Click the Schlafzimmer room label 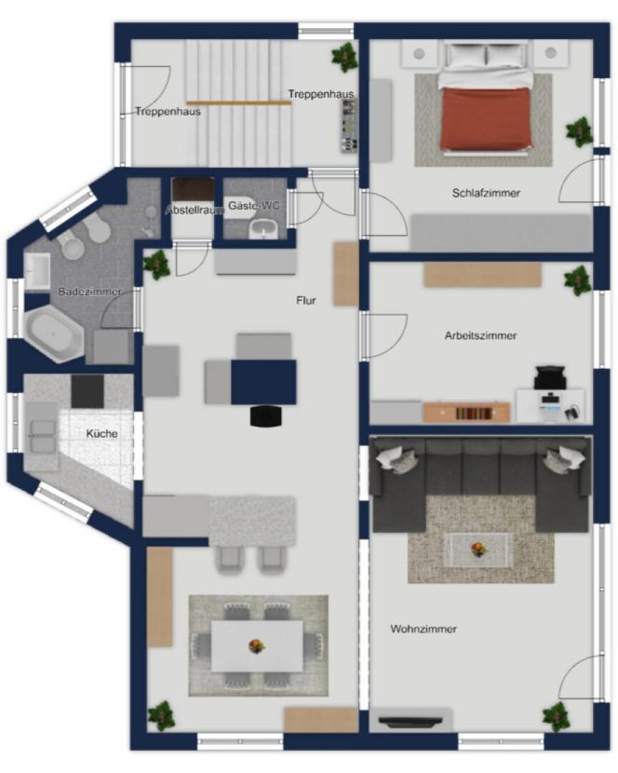coord(486,193)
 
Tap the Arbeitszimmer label coord(480,335)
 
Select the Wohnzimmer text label coord(423,629)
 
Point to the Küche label coord(102,434)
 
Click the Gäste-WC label coord(254,206)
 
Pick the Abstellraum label coord(195,210)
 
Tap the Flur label coord(306,300)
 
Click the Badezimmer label coord(89,292)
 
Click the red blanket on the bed coord(486,118)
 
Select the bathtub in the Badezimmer coord(54,333)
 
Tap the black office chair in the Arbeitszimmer coord(549,377)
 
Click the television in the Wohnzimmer coord(410,722)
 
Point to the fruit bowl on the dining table coord(256,645)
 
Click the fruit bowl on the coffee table coord(477,549)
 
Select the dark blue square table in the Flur coord(263,382)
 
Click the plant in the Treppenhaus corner coord(344,56)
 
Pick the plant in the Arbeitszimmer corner coord(578,280)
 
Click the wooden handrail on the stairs coord(239,102)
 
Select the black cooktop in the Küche coord(87,391)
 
